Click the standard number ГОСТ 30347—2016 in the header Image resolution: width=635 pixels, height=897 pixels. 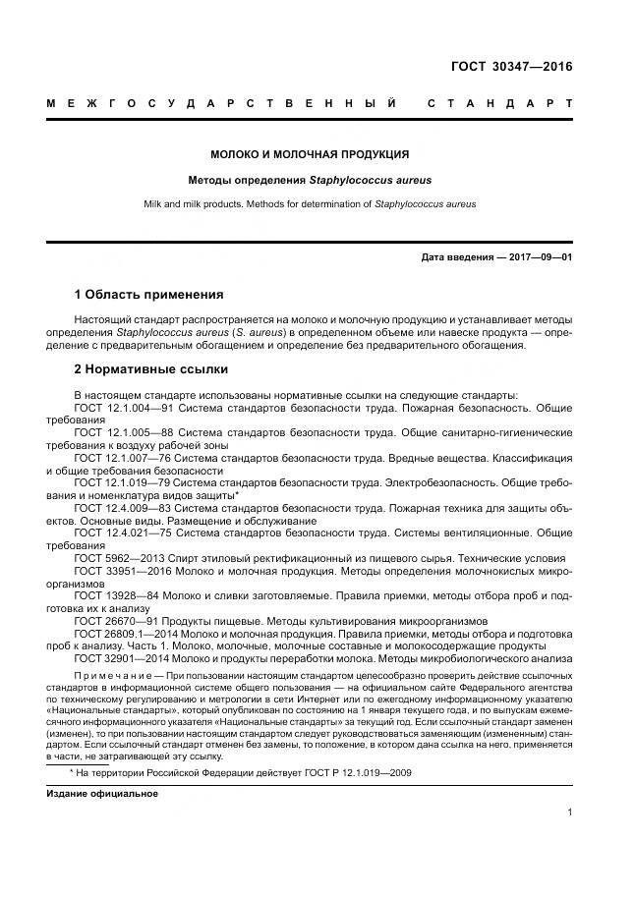(510, 68)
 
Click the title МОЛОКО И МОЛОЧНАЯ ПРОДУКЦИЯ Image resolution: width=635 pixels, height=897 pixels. (310, 154)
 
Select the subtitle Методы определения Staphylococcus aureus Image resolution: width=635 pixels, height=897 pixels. (310, 181)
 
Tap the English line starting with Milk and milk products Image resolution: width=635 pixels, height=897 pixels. (310, 204)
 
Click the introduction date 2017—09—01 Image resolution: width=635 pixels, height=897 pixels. (540, 257)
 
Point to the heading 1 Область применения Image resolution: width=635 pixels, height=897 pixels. (148, 295)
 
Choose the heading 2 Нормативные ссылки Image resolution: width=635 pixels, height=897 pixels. (151, 369)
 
